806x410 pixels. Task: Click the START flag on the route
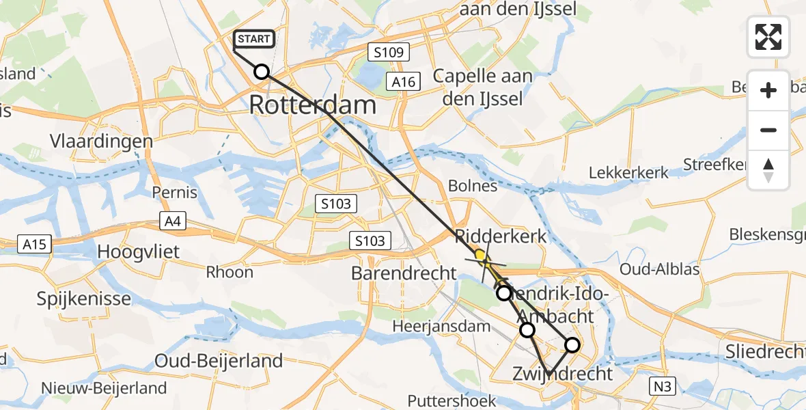pyautogui.click(x=254, y=39)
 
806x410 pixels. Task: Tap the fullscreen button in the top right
pyautogui.click(x=768, y=37)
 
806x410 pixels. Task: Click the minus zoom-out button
pyautogui.click(x=768, y=130)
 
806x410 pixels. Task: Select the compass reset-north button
pyautogui.click(x=768, y=170)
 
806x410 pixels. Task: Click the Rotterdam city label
pyautogui.click(x=313, y=105)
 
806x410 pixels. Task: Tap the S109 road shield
pyautogui.click(x=387, y=51)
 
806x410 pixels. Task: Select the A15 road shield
pyautogui.click(x=34, y=243)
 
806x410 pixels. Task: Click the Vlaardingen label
pyautogui.click(x=100, y=141)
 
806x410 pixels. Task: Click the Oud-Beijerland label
pyautogui.click(x=219, y=361)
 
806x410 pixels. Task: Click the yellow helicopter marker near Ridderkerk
pyautogui.click(x=482, y=258)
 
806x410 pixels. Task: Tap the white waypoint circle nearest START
pyautogui.click(x=262, y=72)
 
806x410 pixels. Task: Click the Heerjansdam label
pyautogui.click(x=441, y=327)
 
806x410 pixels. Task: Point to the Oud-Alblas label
pyautogui.click(x=659, y=269)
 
